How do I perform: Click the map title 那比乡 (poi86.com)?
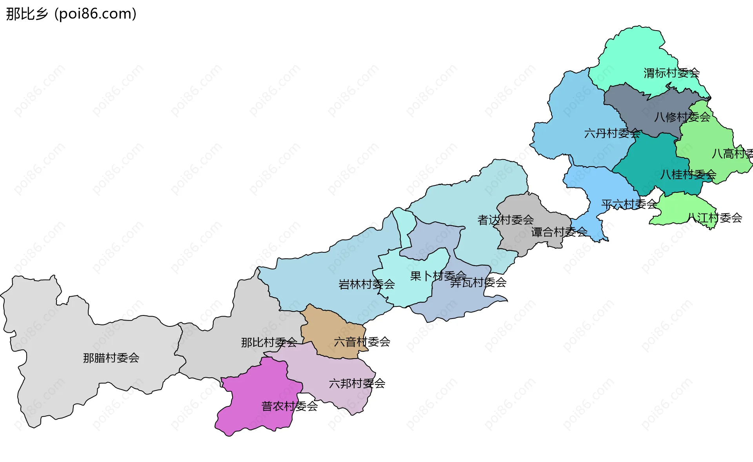tap(71, 14)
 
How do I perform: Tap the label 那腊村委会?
tap(111, 358)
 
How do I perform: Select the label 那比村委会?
tap(269, 342)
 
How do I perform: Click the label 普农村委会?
tap(289, 406)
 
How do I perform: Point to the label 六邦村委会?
tap(357, 383)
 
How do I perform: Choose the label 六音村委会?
tap(362, 342)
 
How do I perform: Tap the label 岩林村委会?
tap(366, 284)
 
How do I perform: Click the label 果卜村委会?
tap(438, 276)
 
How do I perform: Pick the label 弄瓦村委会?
tap(478, 283)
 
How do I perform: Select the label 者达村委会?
tap(506, 220)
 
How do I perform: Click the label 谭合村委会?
tap(559, 232)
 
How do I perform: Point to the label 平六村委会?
tap(629, 204)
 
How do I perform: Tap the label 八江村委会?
tap(715, 218)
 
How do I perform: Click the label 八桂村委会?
tap(688, 174)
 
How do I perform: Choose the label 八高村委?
tap(732, 154)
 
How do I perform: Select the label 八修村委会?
tap(682, 117)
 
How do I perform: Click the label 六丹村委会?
tap(612, 134)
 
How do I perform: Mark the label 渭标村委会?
tap(671, 73)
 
